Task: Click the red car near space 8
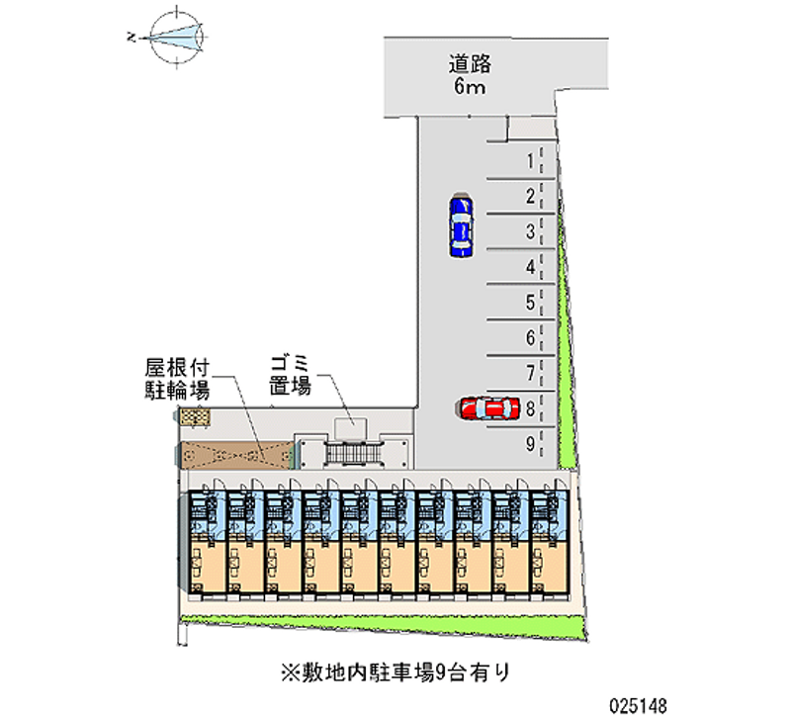pos(489,407)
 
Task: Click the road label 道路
pos(470,65)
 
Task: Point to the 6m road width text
pos(470,88)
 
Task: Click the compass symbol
pos(175,37)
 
